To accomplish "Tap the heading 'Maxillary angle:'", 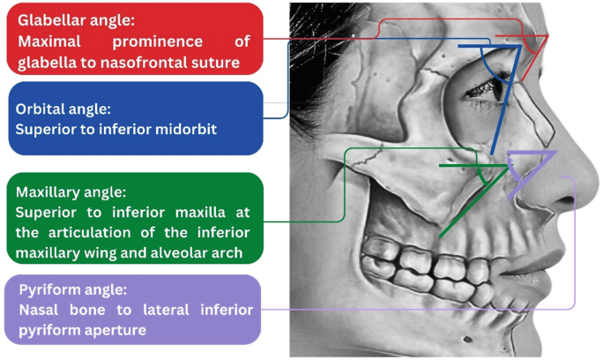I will point(71,191).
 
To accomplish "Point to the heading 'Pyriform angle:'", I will point(67,289).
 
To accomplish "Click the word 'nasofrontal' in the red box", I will point(156,62).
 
